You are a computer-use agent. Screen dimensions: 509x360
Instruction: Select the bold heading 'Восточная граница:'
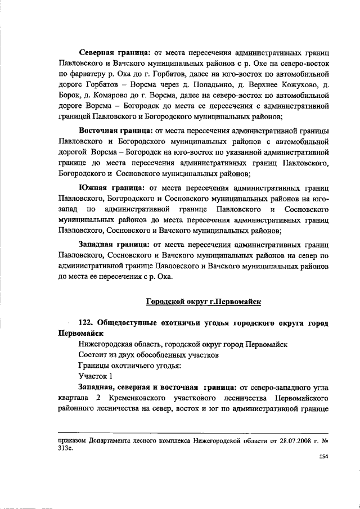(116, 131)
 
